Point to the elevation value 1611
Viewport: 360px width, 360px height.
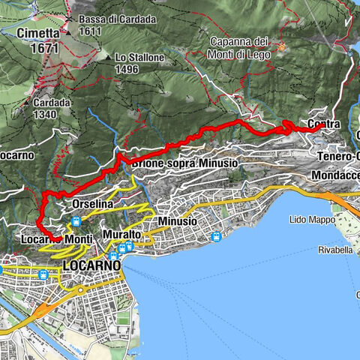(88, 31)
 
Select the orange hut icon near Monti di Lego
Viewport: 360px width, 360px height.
(282, 48)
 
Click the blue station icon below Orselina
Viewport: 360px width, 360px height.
(76, 222)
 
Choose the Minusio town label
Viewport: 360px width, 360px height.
(178, 222)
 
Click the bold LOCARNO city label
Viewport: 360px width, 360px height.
(91, 266)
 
